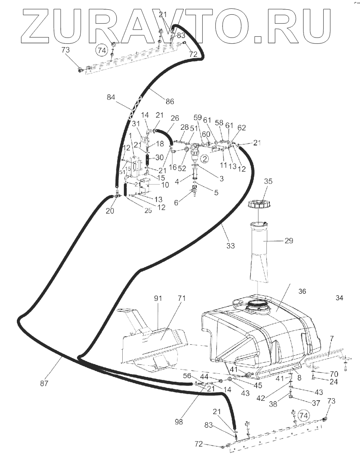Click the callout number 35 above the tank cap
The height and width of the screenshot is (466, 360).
click(x=268, y=182)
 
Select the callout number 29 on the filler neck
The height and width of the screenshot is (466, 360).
click(x=288, y=241)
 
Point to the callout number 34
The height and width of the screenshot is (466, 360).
click(x=339, y=298)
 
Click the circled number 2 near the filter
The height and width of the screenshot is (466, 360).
click(x=204, y=159)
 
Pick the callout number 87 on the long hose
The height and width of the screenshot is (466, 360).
click(x=45, y=383)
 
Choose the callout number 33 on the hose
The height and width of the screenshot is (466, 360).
click(x=230, y=245)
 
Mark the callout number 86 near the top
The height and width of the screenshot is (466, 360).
click(x=169, y=101)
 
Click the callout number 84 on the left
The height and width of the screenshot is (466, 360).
click(x=111, y=97)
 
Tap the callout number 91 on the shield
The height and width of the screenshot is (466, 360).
click(x=158, y=298)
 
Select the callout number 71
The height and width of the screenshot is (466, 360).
click(x=182, y=298)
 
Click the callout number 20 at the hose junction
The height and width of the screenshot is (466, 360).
click(x=110, y=211)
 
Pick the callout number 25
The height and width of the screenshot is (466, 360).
click(x=147, y=210)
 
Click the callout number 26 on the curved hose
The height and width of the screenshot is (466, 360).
click(x=175, y=118)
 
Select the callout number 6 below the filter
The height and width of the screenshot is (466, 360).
click(x=176, y=202)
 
